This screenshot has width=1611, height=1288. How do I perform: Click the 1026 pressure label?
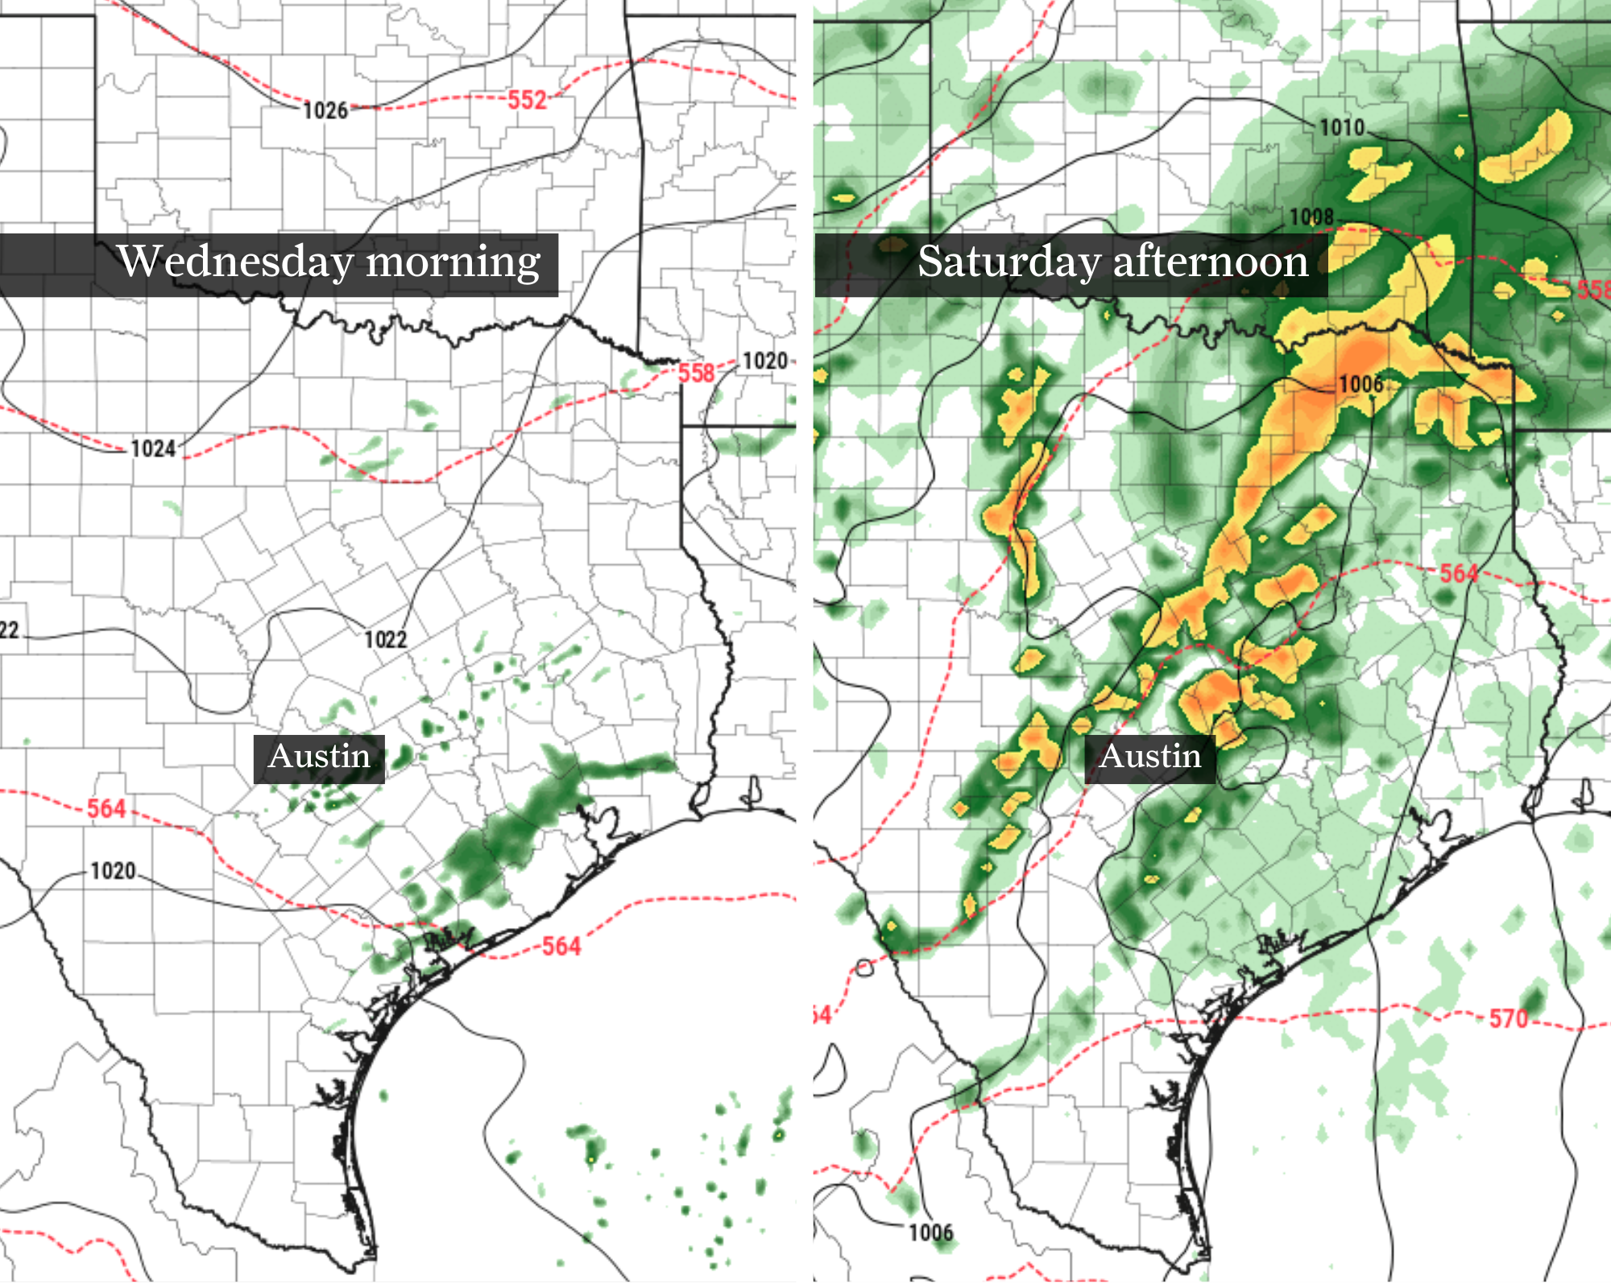coord(325,110)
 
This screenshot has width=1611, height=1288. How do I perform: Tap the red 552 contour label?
coord(527,100)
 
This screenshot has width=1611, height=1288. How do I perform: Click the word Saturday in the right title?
coord(1009,262)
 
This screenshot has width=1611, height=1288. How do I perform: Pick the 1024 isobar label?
coord(153,448)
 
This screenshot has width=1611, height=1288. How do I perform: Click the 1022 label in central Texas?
coord(386,639)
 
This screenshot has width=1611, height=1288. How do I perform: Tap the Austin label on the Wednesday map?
coord(319,757)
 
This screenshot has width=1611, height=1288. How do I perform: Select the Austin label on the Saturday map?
coord(1149,757)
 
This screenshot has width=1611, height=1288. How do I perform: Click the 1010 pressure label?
coord(1342,127)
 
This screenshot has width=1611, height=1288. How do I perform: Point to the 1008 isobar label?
coord(1312,217)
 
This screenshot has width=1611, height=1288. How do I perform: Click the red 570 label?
coord(1508,1018)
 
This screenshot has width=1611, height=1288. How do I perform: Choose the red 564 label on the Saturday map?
coord(1459,573)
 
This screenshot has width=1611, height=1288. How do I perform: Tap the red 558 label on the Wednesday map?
coord(696,373)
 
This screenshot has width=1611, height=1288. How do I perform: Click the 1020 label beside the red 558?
coord(764,361)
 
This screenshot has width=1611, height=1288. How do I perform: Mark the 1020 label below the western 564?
coord(113,871)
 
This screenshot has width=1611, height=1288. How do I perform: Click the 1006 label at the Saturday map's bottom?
coord(930,1232)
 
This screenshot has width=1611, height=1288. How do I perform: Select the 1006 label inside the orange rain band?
coord(1360,384)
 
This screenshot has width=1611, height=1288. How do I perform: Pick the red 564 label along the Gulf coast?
coord(561,946)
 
